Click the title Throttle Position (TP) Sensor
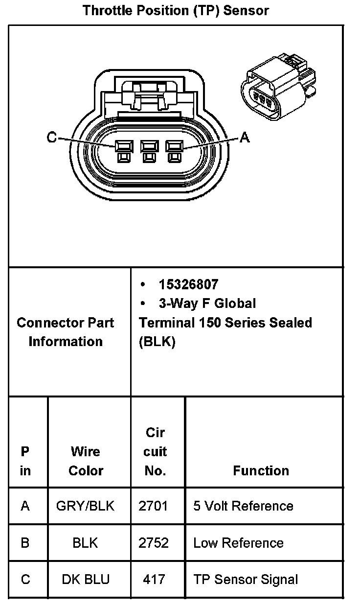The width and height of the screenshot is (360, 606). [176, 10]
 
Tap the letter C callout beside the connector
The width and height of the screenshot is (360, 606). [52, 138]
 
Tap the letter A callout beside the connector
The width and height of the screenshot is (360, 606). [245, 138]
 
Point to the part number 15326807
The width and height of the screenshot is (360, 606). [188, 284]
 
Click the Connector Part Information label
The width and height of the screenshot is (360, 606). [65, 332]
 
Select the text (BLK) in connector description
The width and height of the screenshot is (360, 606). [157, 342]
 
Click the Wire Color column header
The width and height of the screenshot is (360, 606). [86, 461]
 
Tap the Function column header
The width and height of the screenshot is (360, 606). [261, 470]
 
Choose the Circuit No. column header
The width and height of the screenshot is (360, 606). [155, 451]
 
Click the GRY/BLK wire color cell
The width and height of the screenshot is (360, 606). [86, 506]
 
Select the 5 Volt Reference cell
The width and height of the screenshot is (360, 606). [243, 506]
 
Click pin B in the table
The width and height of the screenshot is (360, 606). [25, 542]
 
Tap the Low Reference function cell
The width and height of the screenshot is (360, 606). [238, 542]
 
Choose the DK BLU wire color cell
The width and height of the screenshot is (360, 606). [86, 579]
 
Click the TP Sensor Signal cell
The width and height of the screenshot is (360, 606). [246, 579]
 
